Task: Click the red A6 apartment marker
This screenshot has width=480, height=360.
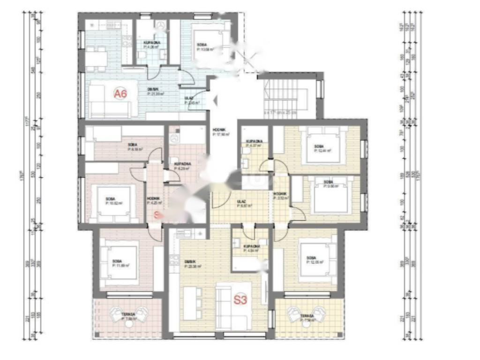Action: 120,94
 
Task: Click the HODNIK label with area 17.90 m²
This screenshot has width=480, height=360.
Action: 219,132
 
